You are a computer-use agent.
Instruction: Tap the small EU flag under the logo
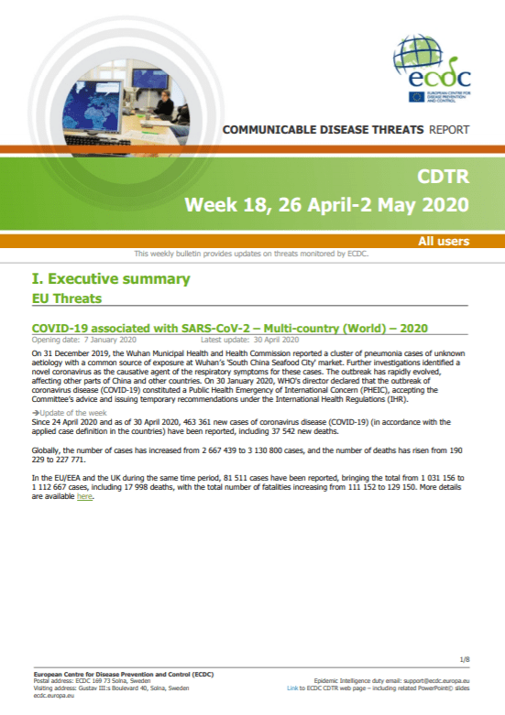coord(416,97)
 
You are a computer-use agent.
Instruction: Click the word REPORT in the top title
coord(449,130)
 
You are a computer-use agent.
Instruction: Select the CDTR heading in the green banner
coord(443,177)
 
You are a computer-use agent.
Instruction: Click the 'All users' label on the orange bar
coord(444,241)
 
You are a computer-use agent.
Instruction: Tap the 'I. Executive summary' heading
coord(111,278)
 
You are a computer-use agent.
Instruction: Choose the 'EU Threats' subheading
coord(67,298)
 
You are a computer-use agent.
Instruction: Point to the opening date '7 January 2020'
coord(110,340)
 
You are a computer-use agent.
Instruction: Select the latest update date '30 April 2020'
coord(276,340)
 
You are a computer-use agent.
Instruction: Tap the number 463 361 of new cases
coord(197,422)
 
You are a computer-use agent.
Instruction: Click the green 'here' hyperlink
coord(84,496)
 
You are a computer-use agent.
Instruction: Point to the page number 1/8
coord(465,660)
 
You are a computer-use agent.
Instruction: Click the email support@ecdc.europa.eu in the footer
coord(436,681)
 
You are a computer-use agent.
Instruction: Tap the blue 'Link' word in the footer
coord(292,688)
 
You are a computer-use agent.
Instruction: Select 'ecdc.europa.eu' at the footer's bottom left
coord(54,696)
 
